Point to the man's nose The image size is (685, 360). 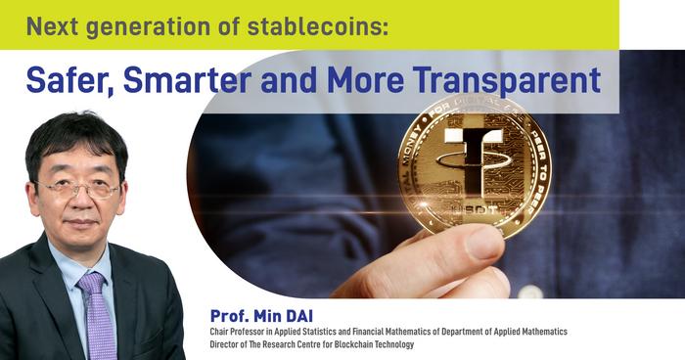(77, 201)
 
